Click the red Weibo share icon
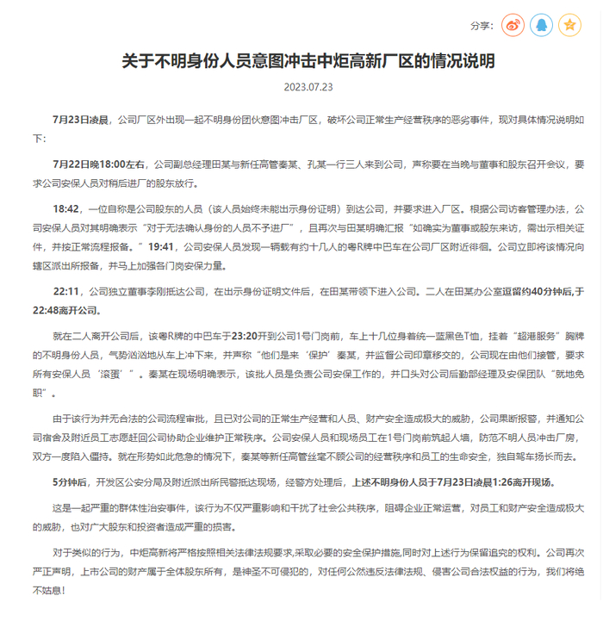click(514, 25)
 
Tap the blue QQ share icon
click(542, 25)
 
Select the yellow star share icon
click(569, 25)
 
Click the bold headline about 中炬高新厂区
click(301, 62)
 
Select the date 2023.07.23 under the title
click(301, 87)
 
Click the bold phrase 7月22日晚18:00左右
click(101, 163)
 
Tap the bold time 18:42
click(66, 208)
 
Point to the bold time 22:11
click(66, 292)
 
